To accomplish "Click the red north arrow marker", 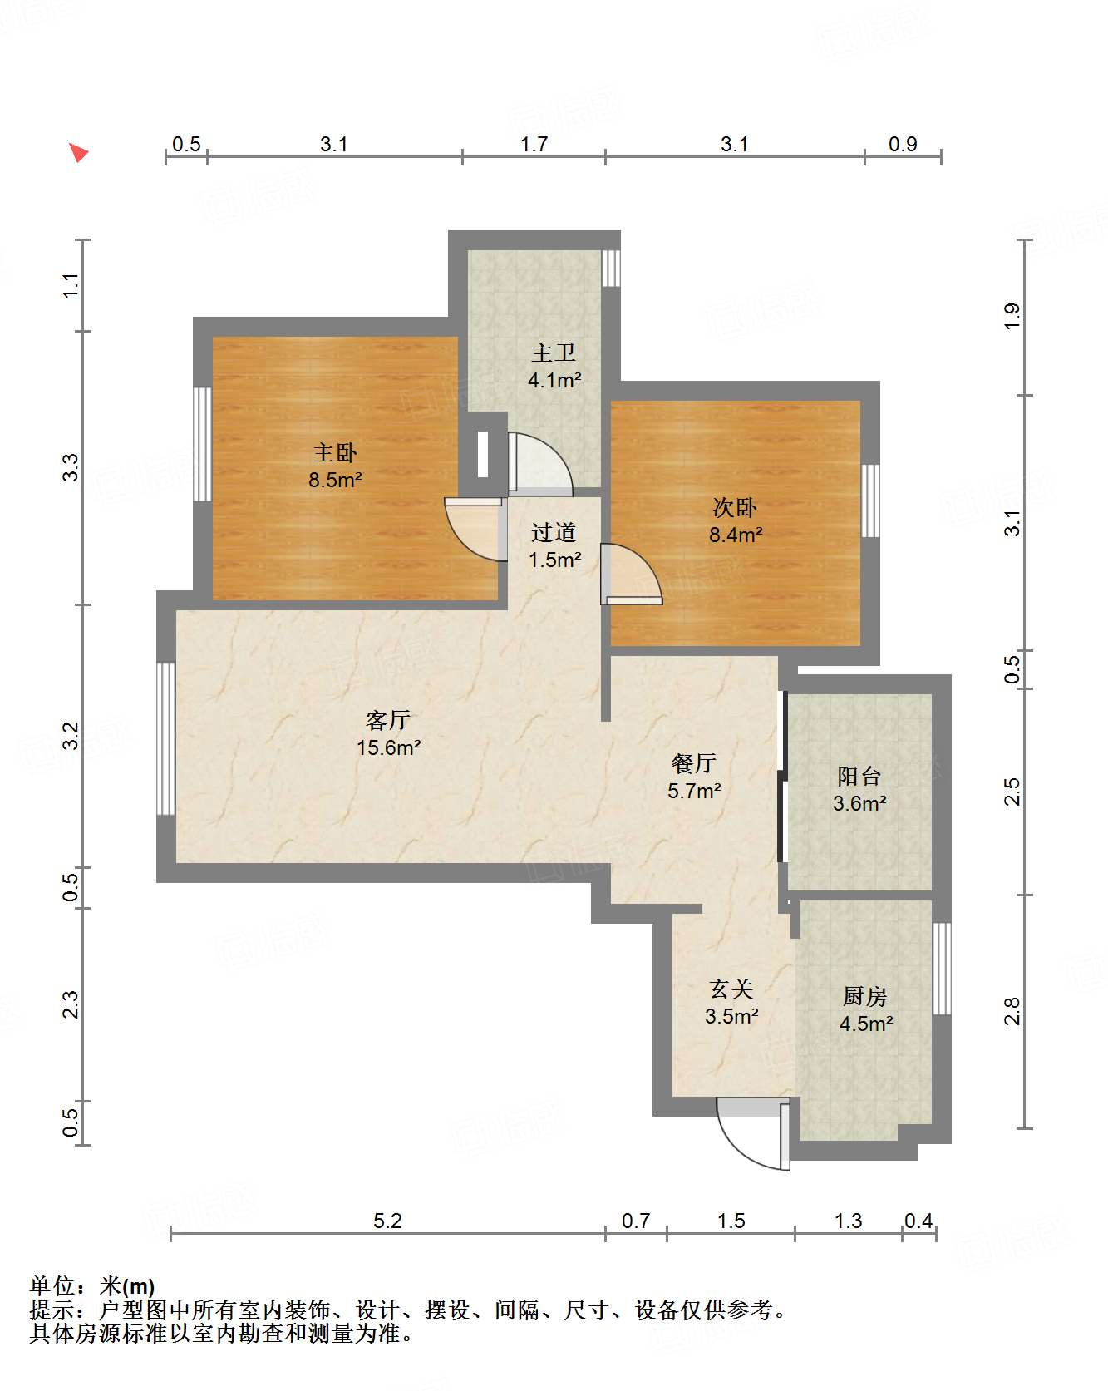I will tap(78, 153).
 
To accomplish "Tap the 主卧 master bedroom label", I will tap(334, 453).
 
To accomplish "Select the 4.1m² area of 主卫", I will tap(554, 381).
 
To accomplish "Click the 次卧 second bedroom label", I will tap(735, 508).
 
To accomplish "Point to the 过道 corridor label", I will tap(554, 532).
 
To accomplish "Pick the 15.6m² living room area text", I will tap(388, 747).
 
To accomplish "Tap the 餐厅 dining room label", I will tap(693, 763).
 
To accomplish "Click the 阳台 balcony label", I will tap(859, 777).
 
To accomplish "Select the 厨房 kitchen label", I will tap(864, 996).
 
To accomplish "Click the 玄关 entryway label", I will tap(731, 989).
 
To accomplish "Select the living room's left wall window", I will tap(166, 738).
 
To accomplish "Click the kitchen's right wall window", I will tap(941, 968).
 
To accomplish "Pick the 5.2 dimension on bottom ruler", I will tap(387, 1221).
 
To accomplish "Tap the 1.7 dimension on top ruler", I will tap(534, 145).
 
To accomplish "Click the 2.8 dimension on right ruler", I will tap(1012, 1011).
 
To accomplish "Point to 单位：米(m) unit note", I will tap(92, 1286).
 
